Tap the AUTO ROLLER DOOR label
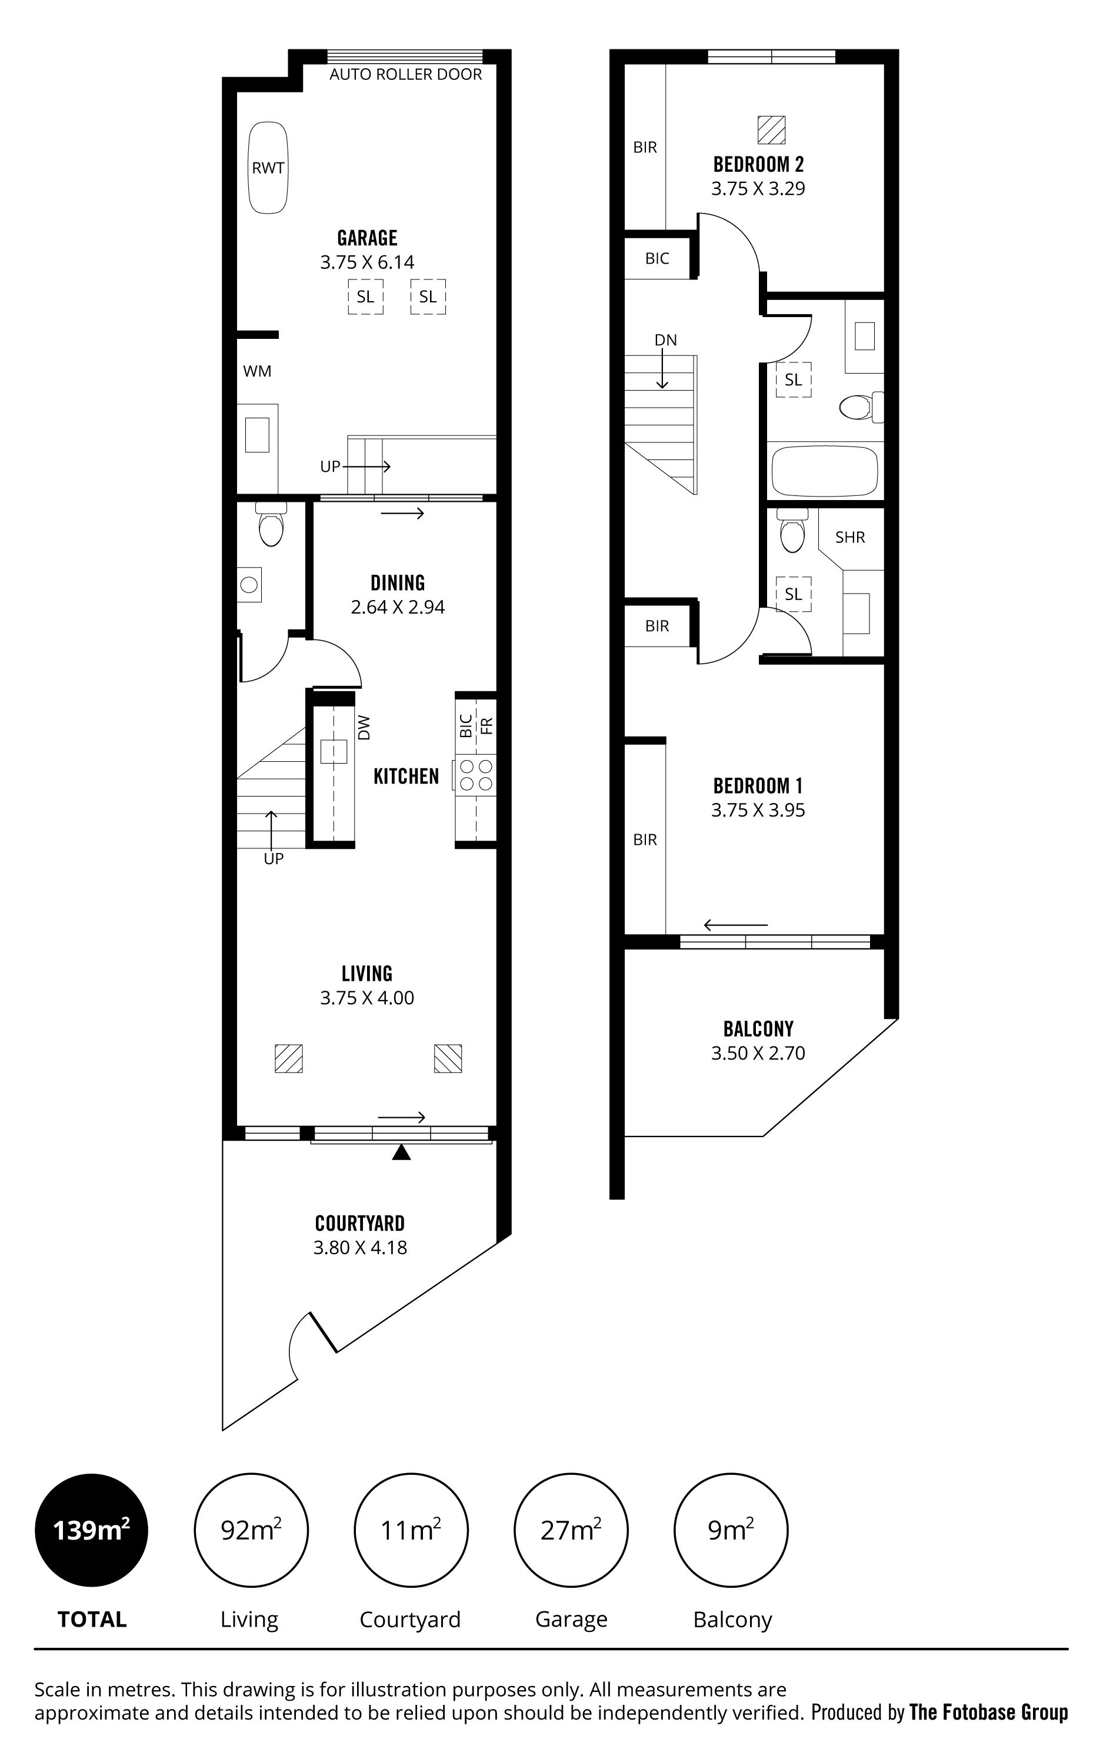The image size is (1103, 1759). [x=405, y=74]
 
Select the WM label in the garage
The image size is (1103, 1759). [x=257, y=371]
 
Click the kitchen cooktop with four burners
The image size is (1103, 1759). [x=476, y=775]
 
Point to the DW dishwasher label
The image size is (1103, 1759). [x=365, y=727]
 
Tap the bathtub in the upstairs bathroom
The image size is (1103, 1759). [x=824, y=471]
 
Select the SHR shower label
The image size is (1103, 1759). [x=850, y=538]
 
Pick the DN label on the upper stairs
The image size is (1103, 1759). [x=665, y=340]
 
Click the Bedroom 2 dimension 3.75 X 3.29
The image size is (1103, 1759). [x=758, y=189]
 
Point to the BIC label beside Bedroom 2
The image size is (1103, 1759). [x=657, y=258]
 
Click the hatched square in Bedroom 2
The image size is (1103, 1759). [x=771, y=130]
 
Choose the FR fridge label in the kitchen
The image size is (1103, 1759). [x=486, y=726]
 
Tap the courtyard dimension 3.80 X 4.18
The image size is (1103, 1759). [x=361, y=1248]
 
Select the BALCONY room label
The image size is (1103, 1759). [x=758, y=1030]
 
